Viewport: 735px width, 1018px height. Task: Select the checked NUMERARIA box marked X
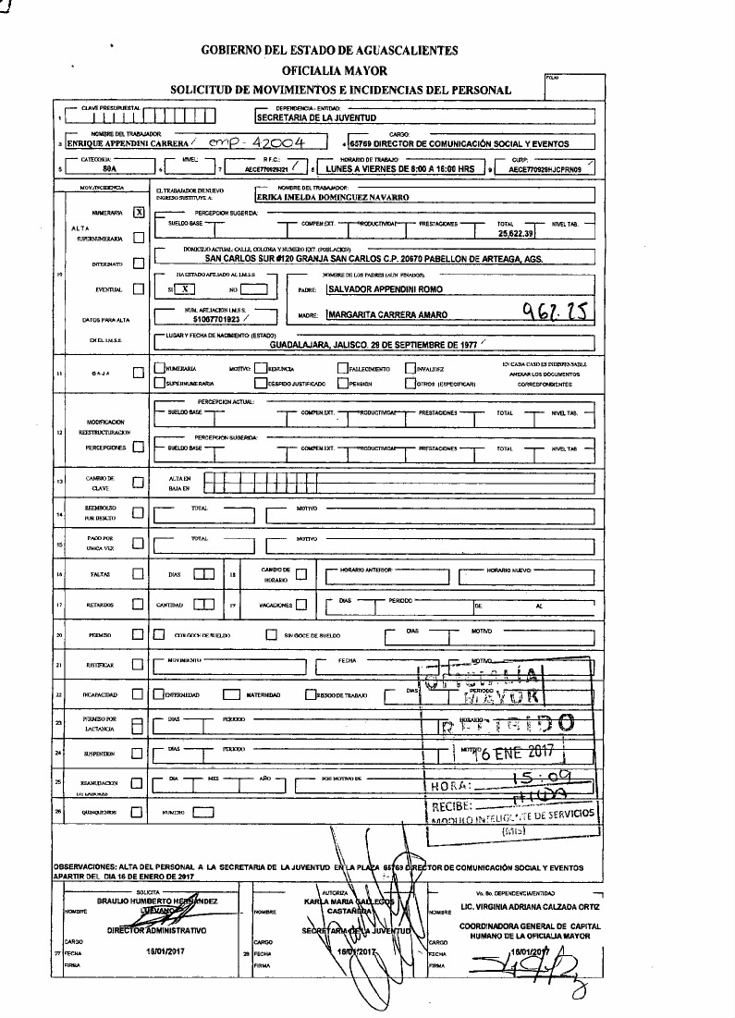point(139,212)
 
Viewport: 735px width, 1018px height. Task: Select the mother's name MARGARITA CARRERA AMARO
point(387,314)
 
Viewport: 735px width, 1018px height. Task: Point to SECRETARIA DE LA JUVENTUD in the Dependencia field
point(314,118)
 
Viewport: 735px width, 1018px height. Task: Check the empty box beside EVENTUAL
point(138,288)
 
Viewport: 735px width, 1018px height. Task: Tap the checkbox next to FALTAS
point(138,575)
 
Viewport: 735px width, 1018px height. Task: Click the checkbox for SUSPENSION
point(138,754)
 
